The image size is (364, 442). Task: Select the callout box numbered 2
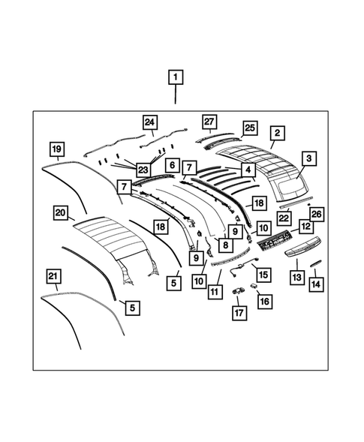[277, 134]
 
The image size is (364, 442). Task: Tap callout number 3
[308, 158]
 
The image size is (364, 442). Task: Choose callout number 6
[172, 165]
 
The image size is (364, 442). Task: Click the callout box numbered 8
[224, 243]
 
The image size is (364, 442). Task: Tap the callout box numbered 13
[296, 278]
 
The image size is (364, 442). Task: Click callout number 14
[316, 284]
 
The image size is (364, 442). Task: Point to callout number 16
[264, 300]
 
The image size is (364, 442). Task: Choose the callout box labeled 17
[238, 311]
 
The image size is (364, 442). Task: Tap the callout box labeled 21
[53, 277]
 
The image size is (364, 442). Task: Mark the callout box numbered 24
[150, 122]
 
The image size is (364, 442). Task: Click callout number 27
[209, 122]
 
